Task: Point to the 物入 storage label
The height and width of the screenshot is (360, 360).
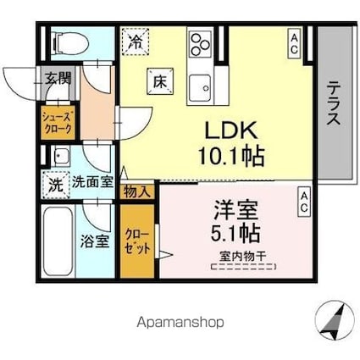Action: [x=138, y=191]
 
